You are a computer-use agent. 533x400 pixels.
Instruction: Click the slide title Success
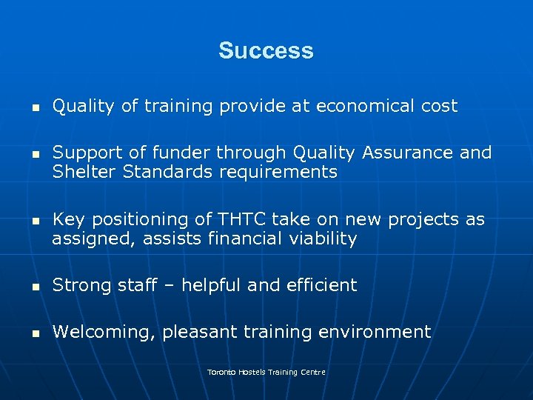266,51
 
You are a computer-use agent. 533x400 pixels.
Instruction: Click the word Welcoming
103,332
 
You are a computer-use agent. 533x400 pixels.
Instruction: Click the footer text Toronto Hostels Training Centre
266,372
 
